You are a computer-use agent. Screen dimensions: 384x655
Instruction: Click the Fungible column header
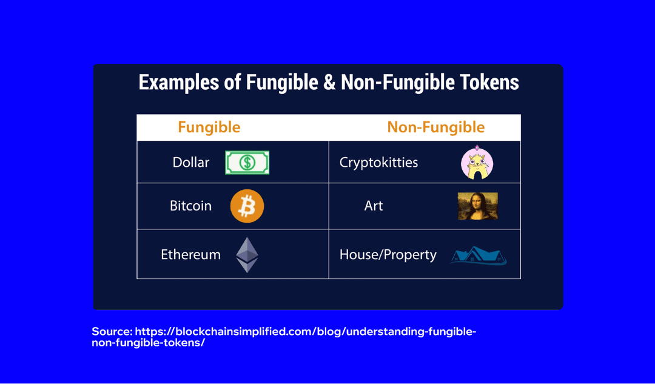[209, 127]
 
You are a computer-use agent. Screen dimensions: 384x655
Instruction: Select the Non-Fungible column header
[435, 127]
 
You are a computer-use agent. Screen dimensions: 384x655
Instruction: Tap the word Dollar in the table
[190, 163]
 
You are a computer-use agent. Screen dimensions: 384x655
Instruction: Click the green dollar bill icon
[247, 163]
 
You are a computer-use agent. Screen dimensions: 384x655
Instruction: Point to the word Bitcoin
[190, 206]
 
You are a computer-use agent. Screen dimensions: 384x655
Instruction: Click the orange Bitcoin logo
[247, 206]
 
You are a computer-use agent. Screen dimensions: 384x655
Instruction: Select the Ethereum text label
[190, 255]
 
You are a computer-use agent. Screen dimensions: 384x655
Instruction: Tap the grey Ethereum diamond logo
[247, 255]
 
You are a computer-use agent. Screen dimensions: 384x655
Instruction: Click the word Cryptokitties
[378, 163]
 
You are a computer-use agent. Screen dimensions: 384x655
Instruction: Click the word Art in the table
[374, 206]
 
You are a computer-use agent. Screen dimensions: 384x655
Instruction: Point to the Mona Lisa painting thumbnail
[477, 206]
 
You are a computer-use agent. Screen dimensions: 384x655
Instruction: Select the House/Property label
[388, 255]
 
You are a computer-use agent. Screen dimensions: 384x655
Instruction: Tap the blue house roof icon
[478, 255]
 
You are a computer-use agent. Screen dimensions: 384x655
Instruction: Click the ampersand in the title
[329, 83]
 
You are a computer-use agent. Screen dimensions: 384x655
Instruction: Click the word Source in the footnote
[111, 332]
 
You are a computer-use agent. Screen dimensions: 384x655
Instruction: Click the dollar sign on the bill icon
[247, 163]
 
